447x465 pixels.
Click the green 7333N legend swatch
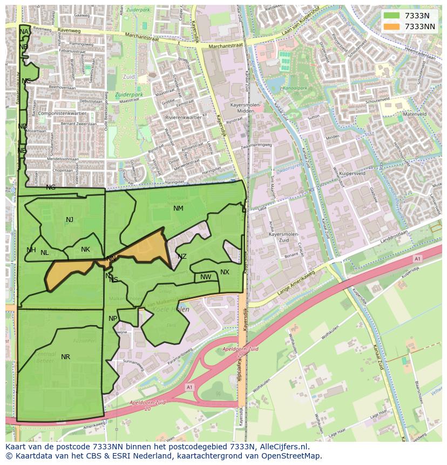coord(392,16)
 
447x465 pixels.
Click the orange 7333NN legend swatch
coord(392,26)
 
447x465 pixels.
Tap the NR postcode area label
coord(65,357)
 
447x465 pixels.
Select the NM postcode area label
coord(178,208)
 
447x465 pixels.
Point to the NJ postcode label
coord(70,220)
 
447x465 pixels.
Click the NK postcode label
coord(85,250)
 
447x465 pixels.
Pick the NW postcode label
coord(206,278)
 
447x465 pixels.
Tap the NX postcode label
coord(225,272)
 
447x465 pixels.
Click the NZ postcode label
coord(182,257)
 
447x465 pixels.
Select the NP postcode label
coord(113,319)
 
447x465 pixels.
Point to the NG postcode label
coord(51,187)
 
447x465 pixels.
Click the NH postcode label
coord(31,250)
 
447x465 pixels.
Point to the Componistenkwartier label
coord(59,114)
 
